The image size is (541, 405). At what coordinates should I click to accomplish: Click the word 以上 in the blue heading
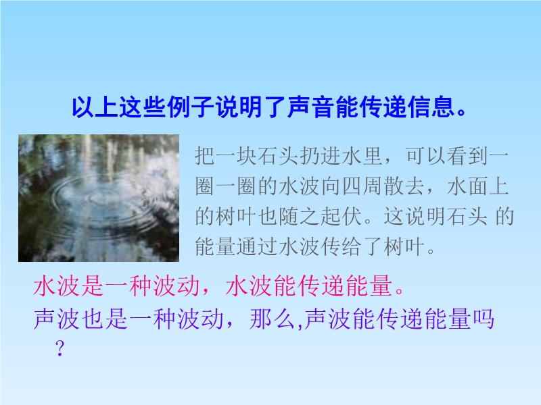(95, 107)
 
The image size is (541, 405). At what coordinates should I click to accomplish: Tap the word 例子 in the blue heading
(191, 107)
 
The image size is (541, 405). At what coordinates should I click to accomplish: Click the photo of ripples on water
(99, 198)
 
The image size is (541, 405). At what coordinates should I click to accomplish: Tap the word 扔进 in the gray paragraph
(321, 156)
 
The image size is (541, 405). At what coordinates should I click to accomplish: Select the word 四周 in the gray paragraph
(362, 186)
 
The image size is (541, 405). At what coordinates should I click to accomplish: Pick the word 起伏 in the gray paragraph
(342, 216)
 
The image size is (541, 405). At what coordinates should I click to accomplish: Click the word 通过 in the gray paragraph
(258, 246)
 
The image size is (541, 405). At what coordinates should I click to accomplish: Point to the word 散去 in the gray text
(404, 186)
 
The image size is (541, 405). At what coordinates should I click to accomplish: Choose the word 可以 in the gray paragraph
(426, 156)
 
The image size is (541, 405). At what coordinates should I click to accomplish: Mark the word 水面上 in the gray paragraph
(478, 186)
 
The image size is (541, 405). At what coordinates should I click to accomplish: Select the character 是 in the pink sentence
(93, 286)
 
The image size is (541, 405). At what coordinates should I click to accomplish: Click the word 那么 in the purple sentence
(273, 319)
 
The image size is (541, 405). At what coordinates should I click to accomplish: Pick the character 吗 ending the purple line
(483, 319)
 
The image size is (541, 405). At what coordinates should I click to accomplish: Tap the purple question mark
(60, 348)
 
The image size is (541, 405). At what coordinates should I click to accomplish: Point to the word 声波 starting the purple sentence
(57, 319)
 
